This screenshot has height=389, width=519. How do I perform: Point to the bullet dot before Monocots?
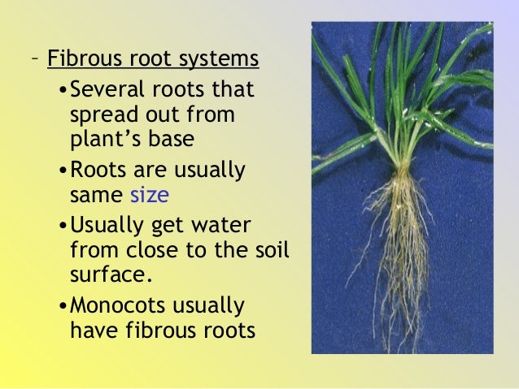pos(64,307)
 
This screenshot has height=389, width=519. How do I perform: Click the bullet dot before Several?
pos(64,89)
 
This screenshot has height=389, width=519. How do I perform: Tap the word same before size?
pos(94,196)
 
